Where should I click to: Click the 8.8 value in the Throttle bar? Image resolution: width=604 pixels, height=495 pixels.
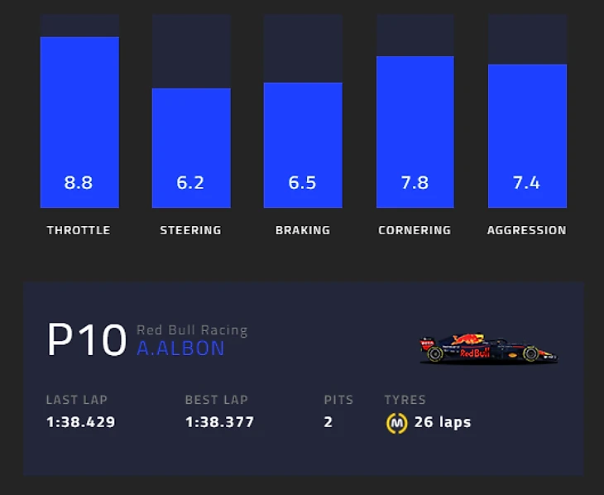[79, 182]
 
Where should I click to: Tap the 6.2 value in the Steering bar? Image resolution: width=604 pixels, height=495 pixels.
[190, 182]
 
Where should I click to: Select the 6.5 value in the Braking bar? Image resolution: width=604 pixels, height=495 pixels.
[302, 182]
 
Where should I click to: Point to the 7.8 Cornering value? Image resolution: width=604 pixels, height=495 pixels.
[415, 182]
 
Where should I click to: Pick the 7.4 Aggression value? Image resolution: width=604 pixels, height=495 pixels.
[526, 182]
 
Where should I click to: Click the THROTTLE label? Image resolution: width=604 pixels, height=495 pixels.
[79, 230]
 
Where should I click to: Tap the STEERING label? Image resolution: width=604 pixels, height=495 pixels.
[190, 230]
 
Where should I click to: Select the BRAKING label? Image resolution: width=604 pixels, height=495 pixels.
[302, 230]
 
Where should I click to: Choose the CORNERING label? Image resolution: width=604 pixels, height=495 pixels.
[415, 230]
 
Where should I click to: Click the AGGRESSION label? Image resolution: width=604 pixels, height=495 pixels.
[526, 230]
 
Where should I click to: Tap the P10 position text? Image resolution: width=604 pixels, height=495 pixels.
[86, 340]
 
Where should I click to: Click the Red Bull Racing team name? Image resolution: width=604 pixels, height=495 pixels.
[192, 330]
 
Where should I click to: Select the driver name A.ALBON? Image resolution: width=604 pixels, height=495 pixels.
[180, 348]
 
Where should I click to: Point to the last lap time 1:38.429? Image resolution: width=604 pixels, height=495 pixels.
[80, 422]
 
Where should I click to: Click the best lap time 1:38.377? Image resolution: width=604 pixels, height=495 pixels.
[219, 422]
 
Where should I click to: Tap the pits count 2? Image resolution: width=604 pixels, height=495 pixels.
[328, 422]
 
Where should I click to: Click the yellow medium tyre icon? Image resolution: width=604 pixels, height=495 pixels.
[396, 423]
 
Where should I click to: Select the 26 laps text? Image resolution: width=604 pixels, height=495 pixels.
[443, 422]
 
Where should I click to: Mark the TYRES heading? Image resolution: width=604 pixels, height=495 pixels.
[405, 400]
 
